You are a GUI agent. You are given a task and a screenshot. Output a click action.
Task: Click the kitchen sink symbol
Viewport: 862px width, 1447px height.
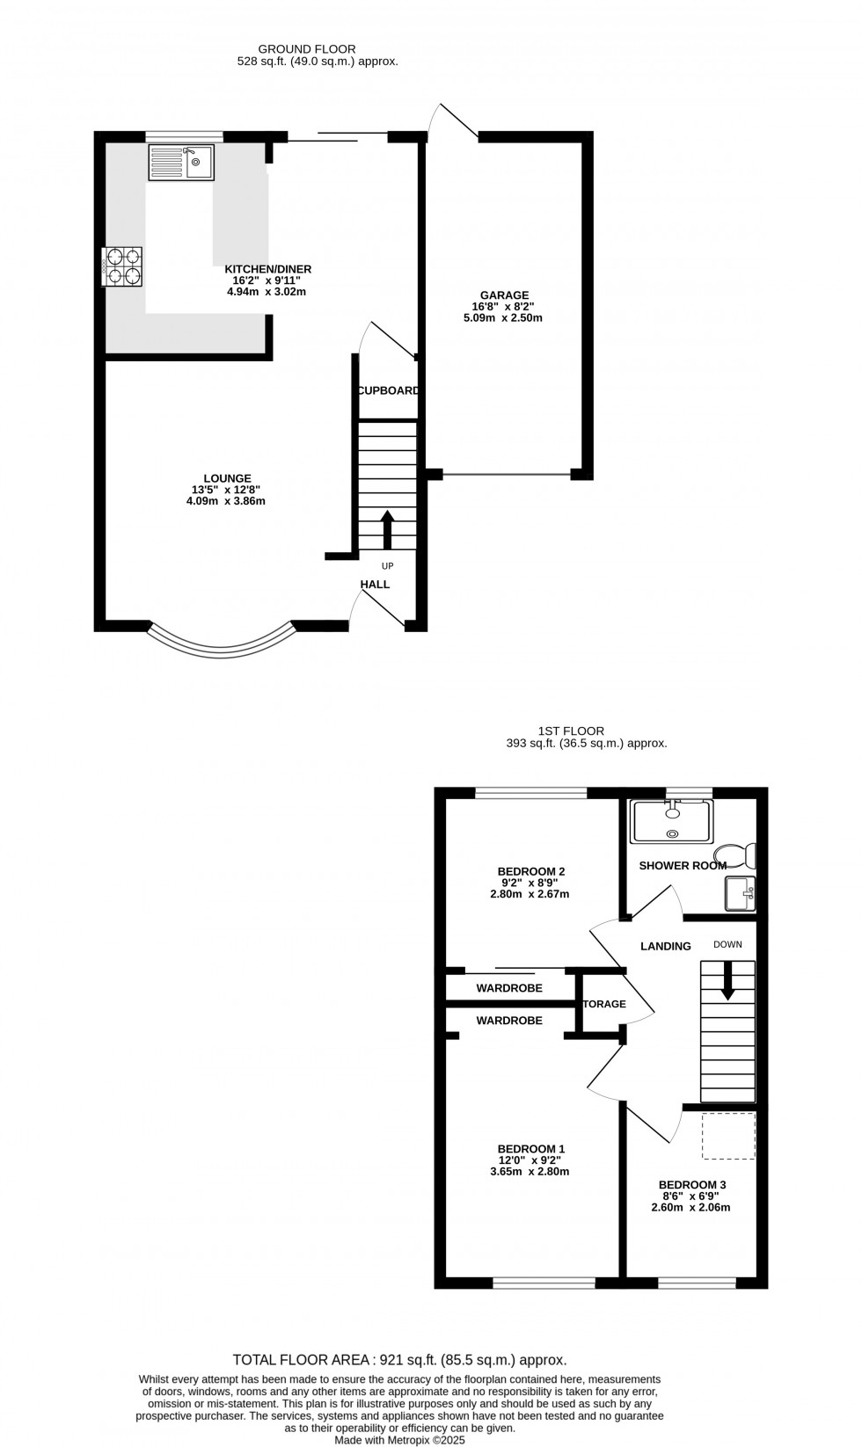pyautogui.click(x=180, y=163)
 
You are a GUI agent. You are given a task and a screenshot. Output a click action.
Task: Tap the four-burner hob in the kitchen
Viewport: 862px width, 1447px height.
pyautogui.click(x=123, y=266)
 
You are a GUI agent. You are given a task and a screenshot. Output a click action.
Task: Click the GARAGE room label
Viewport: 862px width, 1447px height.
pyautogui.click(x=504, y=295)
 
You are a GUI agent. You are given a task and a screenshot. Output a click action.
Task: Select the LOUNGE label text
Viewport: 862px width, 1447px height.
pyautogui.click(x=227, y=478)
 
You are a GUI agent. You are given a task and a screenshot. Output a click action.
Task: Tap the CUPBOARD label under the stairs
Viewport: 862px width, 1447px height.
pyautogui.click(x=387, y=390)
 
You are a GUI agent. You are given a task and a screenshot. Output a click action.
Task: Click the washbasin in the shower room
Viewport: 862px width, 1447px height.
pyautogui.click(x=739, y=894)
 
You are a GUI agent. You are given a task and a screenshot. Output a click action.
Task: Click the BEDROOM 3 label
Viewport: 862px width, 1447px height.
pyautogui.click(x=691, y=1184)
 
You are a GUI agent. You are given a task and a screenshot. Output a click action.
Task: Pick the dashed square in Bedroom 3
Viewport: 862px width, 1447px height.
pyautogui.click(x=728, y=1136)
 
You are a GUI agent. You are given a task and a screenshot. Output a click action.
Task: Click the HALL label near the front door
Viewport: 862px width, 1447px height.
pyautogui.click(x=375, y=584)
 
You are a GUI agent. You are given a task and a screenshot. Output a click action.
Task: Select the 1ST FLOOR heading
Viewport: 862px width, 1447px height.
pyautogui.click(x=571, y=731)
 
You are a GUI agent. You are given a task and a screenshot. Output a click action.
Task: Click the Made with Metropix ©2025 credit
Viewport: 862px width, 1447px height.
pyautogui.click(x=399, y=1440)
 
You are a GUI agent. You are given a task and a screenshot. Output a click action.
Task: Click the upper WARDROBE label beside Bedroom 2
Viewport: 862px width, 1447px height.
pyautogui.click(x=509, y=988)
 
